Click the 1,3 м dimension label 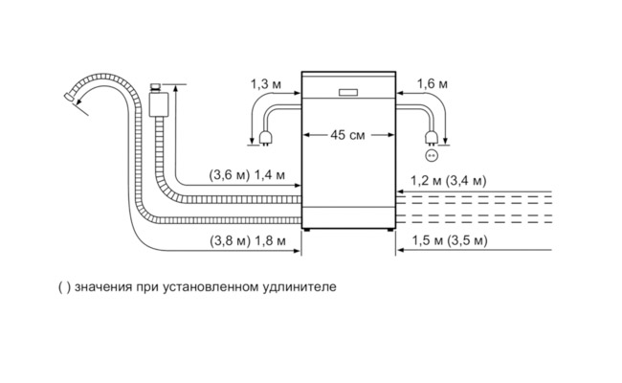click(265, 85)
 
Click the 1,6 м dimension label click(433, 85)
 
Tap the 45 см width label click(348, 136)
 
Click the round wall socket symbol click(432, 155)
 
